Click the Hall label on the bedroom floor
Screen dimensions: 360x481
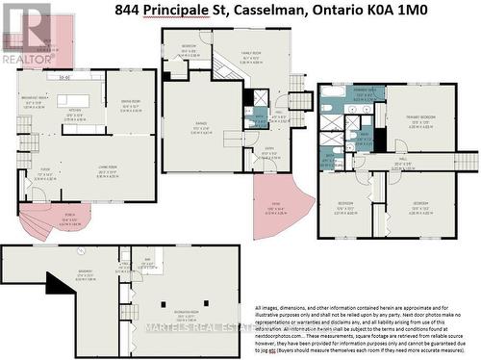tap(402, 161)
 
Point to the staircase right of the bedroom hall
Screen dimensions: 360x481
tap(466, 160)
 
